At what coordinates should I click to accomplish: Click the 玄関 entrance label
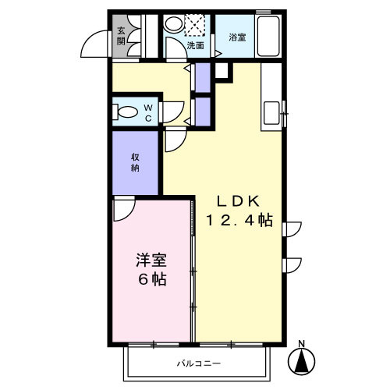[122, 36]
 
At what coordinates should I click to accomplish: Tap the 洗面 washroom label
[196, 46]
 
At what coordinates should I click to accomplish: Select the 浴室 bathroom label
[236, 36]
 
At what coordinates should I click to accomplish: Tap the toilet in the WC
[123, 112]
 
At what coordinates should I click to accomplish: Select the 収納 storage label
[136, 162]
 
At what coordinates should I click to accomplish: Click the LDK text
[238, 197]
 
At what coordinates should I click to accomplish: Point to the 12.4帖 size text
[239, 221]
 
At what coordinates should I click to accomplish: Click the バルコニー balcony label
[198, 364]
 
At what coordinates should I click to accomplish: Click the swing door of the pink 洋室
[123, 209]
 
